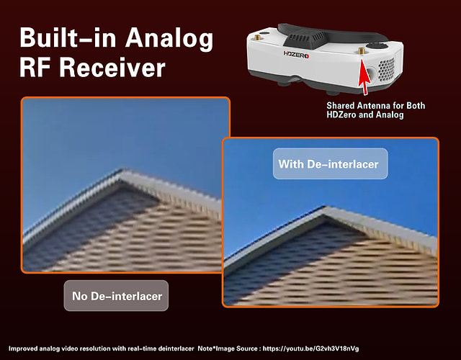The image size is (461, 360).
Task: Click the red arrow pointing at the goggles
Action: pos(364,77)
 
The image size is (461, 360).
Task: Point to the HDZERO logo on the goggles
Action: pos(296,55)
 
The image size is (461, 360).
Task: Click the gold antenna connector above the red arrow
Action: pos(362,51)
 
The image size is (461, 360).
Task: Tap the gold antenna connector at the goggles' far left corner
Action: pos(257,37)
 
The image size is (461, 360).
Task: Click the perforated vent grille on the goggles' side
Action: pos(386,70)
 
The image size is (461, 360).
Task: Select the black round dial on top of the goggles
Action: pos(377,45)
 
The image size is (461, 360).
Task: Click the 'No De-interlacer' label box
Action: pos(116,296)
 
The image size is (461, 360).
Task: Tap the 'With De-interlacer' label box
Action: pos(330,163)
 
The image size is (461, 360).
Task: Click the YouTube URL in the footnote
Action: pos(310,348)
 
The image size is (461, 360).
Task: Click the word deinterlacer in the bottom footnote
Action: pos(176,348)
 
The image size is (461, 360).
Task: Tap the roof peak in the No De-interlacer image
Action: pos(123,171)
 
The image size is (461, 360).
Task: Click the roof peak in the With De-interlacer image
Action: pos(325,208)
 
